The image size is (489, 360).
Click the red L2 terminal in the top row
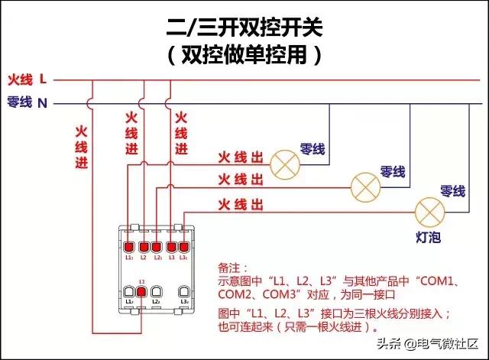[144, 247]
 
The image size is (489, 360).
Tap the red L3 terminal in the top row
[171, 247]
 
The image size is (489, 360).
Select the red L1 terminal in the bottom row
[141, 291]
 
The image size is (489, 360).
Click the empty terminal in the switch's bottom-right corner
[183, 291]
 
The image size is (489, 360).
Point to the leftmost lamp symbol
[287, 161]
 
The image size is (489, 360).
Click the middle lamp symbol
[364, 184]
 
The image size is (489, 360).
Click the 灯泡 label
[428, 238]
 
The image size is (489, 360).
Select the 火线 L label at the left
[28, 79]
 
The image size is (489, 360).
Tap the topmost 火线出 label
[241, 157]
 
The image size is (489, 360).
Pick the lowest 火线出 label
[241, 204]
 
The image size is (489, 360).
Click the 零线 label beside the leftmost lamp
[313, 148]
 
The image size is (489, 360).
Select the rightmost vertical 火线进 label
[180, 133]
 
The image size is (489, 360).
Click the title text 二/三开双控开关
[244, 29]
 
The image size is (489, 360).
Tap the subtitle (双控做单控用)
[244, 55]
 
